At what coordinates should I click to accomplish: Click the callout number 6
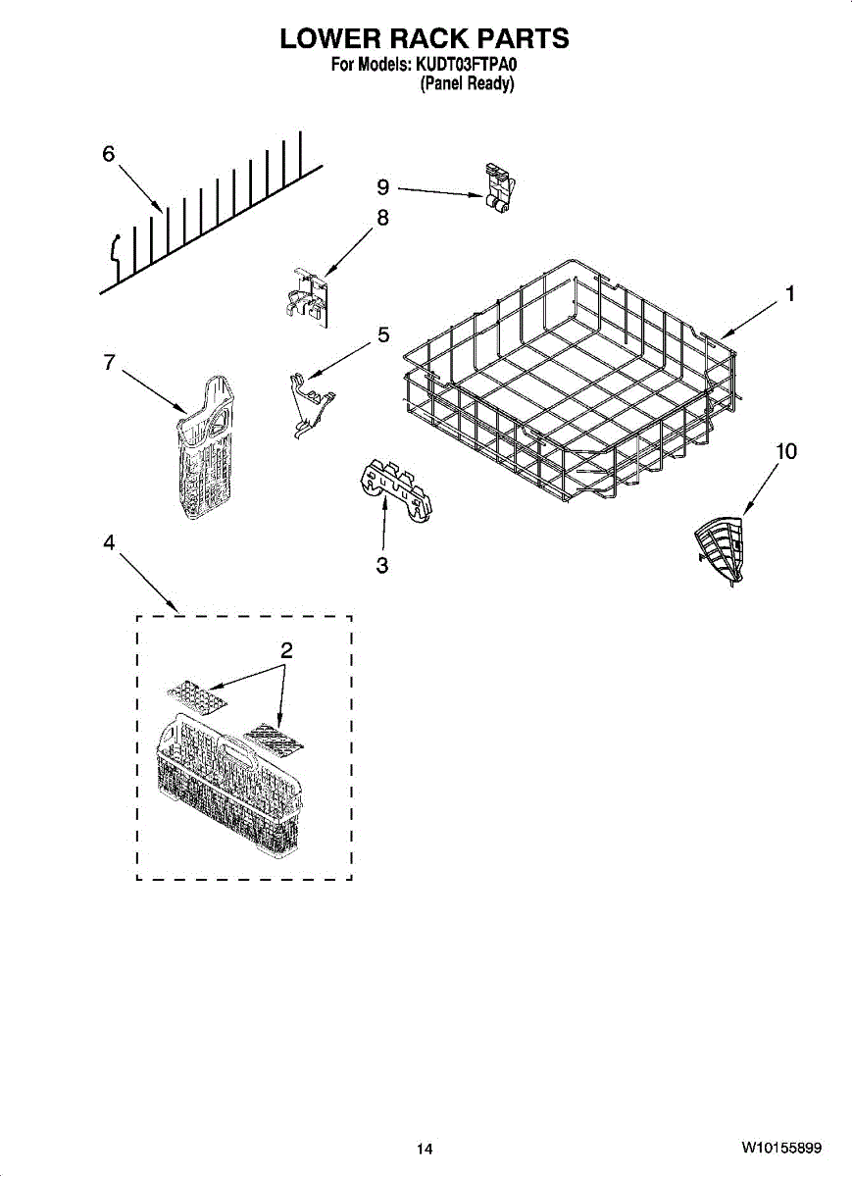click(x=108, y=154)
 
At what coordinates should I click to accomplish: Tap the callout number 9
click(x=383, y=186)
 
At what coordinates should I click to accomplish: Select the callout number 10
click(x=785, y=451)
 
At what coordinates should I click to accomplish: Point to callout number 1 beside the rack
click(x=790, y=293)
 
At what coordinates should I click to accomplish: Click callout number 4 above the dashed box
click(x=108, y=542)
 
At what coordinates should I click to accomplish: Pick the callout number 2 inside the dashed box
click(x=286, y=650)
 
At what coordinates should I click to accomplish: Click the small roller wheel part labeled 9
click(x=499, y=188)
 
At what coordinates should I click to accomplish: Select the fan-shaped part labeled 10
click(x=719, y=550)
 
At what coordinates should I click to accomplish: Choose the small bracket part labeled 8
click(x=307, y=298)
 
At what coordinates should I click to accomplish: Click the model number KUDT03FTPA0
click(x=467, y=65)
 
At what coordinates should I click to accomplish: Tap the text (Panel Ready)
click(x=467, y=83)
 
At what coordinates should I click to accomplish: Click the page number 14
click(x=425, y=1150)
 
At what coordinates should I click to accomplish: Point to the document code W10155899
click(x=781, y=1147)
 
